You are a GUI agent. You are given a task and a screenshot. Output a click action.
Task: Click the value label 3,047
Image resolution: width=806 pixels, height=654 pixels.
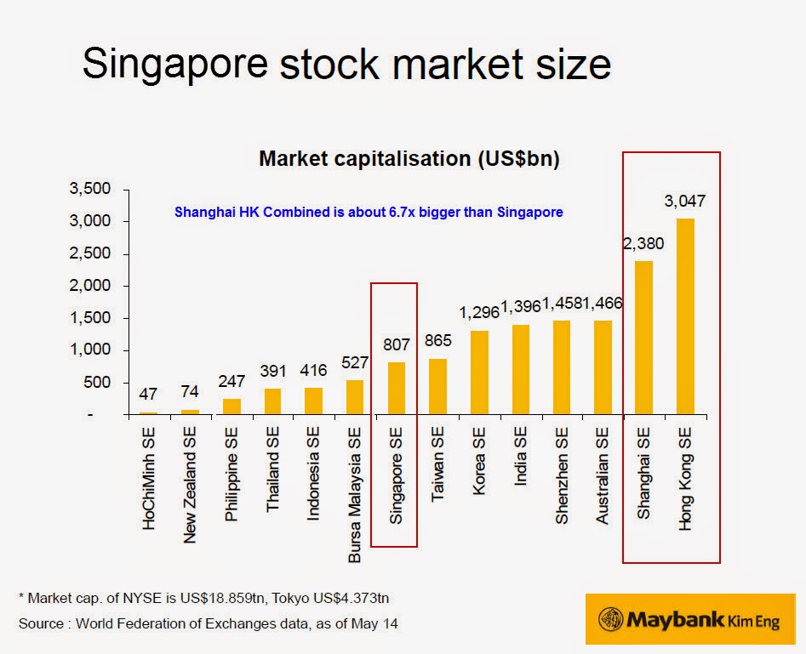[x=684, y=202]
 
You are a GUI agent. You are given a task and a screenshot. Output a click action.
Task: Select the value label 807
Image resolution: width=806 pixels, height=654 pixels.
[x=396, y=345]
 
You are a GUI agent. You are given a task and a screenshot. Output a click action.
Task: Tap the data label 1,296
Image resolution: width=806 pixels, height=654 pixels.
[x=478, y=313]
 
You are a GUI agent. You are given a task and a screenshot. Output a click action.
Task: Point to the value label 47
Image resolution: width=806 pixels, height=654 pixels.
[x=149, y=394]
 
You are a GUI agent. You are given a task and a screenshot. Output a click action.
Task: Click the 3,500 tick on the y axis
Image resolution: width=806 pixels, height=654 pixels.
[x=89, y=190]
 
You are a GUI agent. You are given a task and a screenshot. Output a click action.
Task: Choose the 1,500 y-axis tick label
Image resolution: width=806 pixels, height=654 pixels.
[x=89, y=318]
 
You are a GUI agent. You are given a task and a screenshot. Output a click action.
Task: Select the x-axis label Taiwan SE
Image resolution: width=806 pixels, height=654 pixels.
[x=437, y=469]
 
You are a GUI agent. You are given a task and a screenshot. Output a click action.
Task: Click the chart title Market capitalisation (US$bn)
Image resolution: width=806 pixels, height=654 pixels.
[x=409, y=159]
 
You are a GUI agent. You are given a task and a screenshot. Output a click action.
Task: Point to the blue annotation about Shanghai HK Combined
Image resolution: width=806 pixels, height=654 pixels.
[x=369, y=212]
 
